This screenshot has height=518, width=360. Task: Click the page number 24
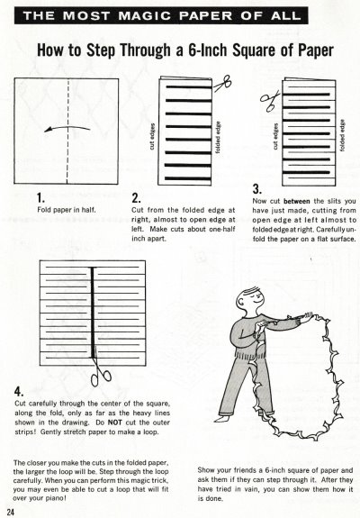tap(10, 512)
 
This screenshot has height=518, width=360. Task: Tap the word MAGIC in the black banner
tap(145, 15)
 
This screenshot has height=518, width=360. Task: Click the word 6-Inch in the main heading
tap(209, 50)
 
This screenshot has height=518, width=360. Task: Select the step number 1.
tap(40, 198)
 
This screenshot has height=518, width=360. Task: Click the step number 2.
tap(136, 198)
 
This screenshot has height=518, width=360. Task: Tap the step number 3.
tap(257, 189)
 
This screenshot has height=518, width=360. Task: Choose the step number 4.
tap(19, 392)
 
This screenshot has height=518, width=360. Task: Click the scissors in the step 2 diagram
tap(222, 83)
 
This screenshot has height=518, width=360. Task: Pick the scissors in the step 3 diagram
tap(270, 101)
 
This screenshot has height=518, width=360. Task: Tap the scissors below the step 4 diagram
tap(100, 372)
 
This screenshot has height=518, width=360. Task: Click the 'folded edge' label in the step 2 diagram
tap(218, 137)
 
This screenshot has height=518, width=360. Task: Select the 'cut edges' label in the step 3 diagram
tap(275, 136)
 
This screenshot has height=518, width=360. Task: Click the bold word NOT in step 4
tap(115, 423)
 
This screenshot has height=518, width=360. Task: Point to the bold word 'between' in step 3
tap(297, 201)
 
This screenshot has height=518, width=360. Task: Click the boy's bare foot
tap(223, 419)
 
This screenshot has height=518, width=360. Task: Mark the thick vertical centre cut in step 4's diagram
tap(93, 313)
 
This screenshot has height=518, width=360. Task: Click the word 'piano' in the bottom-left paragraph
tap(57, 497)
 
